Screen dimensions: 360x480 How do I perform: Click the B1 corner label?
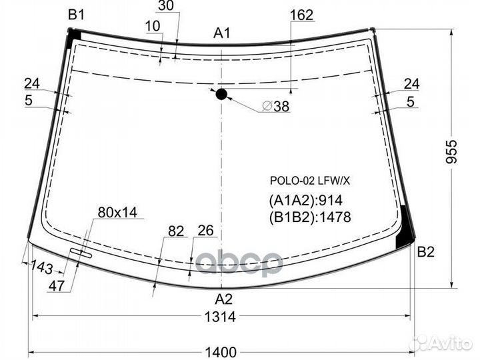[x=76, y=14]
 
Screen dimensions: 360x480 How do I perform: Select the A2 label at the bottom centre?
[x=224, y=299]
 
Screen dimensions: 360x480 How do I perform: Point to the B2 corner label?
[x=426, y=252]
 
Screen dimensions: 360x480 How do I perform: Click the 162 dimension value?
[x=302, y=14]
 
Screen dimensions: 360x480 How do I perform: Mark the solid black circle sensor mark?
[x=221, y=94]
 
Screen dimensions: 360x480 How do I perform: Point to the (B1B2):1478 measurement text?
[x=310, y=216]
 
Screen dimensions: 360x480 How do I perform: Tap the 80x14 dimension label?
[x=117, y=212]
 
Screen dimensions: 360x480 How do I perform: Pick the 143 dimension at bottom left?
[x=41, y=267]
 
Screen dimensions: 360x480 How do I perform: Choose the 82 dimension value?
[x=176, y=231]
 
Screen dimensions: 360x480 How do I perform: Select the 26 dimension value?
[x=205, y=231]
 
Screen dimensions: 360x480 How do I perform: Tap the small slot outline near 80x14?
[x=81, y=252]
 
